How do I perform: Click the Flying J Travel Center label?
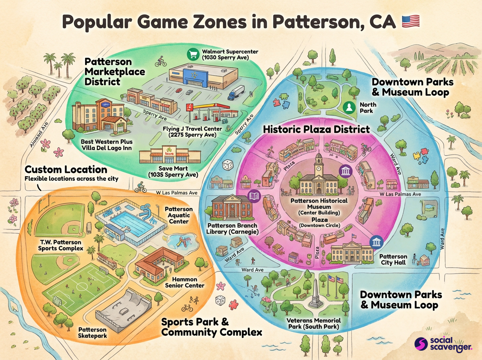click(x=192, y=132)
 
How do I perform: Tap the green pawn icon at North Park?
click(x=349, y=107)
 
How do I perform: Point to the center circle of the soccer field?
click(x=82, y=288)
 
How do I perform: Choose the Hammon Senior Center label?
click(x=185, y=282)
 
